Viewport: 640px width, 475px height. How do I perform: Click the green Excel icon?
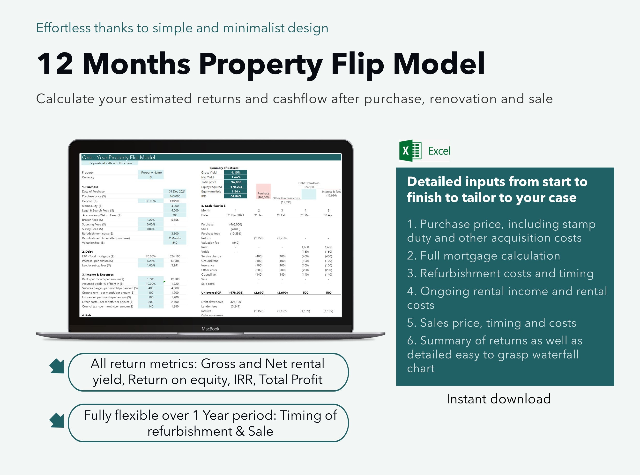point(410,151)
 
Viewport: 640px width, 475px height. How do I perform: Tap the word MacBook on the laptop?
point(210,329)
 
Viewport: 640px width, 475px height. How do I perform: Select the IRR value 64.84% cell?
point(236,196)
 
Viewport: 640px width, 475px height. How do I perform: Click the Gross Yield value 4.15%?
point(236,173)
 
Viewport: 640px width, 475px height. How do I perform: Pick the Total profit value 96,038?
point(236,182)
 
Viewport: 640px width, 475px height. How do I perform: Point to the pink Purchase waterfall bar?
point(263,191)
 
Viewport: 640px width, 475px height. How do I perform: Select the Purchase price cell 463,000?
point(175,196)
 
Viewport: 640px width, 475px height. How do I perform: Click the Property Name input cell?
point(151,173)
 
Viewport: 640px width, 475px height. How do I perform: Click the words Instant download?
point(499,399)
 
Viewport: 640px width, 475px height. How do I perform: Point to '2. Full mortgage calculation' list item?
point(484,256)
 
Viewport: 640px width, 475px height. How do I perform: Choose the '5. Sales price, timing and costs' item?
point(491,323)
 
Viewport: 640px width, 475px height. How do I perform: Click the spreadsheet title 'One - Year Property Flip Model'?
point(119,157)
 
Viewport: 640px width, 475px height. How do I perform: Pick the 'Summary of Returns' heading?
point(224,168)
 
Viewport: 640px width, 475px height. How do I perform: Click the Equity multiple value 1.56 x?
point(236,191)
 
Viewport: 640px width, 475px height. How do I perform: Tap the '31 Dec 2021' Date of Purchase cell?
point(177,191)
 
